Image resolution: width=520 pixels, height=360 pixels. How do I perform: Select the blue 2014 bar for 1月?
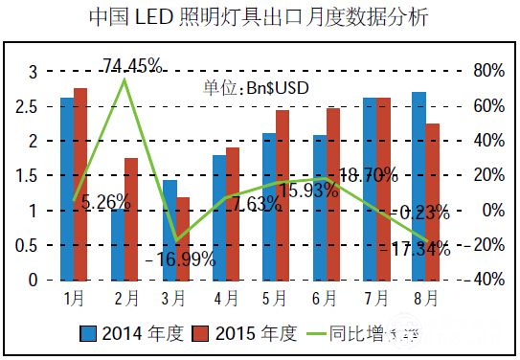click(x=66, y=189)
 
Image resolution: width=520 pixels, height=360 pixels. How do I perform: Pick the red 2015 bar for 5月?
click(x=282, y=195)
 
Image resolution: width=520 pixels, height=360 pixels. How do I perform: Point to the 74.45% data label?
click(x=132, y=66)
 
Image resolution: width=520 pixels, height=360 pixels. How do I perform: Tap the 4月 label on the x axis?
click(x=226, y=299)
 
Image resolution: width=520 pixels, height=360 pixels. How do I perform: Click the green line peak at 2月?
click(x=124, y=79)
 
